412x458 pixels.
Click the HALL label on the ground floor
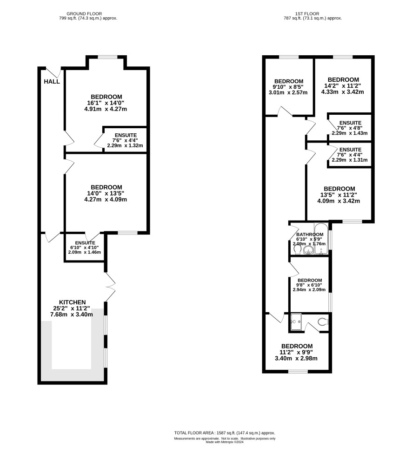pyautogui.click(x=52, y=82)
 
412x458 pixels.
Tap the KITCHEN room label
pyautogui.click(x=73, y=302)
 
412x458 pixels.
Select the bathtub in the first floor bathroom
pyautogui.click(x=321, y=239)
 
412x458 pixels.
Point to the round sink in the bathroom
pyautogui.click(x=308, y=250)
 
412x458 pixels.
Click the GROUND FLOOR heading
pyautogui.click(x=84, y=14)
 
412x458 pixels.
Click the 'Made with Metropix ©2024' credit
pyautogui.click(x=225, y=442)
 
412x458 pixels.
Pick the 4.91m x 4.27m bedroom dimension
pyautogui.click(x=106, y=109)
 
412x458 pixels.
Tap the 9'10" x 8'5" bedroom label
pyautogui.click(x=288, y=87)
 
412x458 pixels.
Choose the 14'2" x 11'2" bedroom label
pyautogui.click(x=343, y=86)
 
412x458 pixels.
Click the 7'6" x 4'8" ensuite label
pyautogui.click(x=349, y=128)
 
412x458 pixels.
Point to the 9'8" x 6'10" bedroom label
pyautogui.click(x=310, y=285)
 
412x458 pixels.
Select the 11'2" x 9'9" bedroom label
pyautogui.click(x=296, y=352)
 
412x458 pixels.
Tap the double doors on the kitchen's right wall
pyautogui.click(x=110, y=287)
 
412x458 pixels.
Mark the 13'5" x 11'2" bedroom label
pyautogui.click(x=339, y=195)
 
